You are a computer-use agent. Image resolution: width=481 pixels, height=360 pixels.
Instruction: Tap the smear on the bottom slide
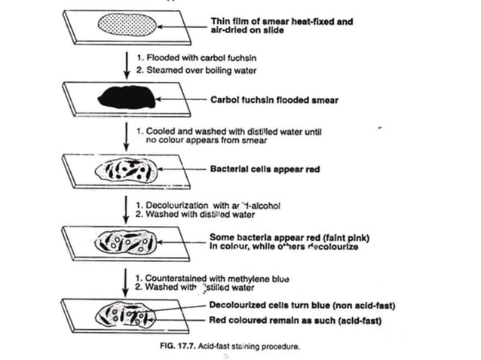126,313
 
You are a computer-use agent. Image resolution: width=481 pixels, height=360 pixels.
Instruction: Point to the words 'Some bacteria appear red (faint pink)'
291,237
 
